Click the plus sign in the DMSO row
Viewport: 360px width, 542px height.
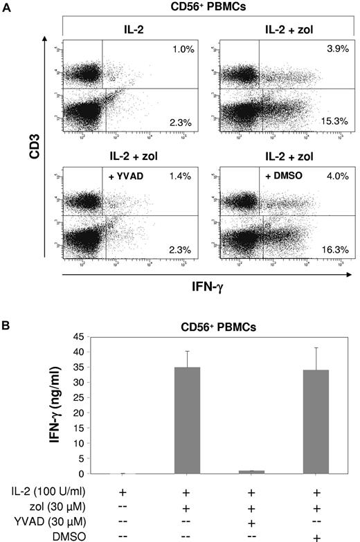[316, 530]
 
